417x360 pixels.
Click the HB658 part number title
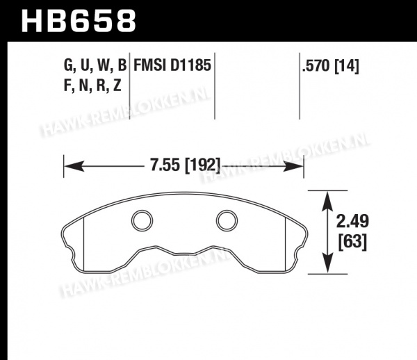(x=79, y=21)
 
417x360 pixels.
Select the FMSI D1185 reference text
(x=172, y=65)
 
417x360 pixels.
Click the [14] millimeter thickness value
(x=347, y=66)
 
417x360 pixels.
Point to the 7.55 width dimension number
(x=165, y=165)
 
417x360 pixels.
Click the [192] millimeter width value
(x=203, y=165)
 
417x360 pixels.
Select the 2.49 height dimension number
(x=352, y=221)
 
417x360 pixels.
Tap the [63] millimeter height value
(x=352, y=242)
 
